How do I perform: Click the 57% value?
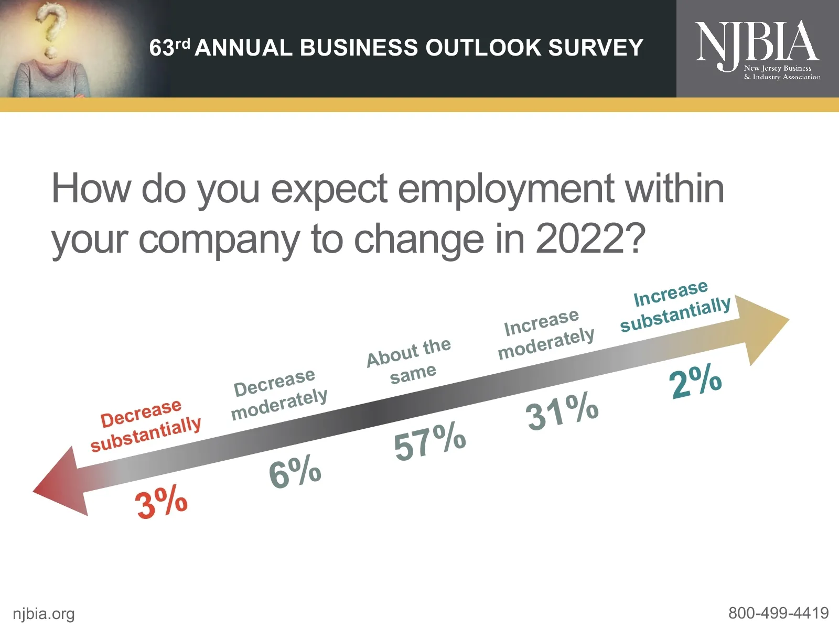pos(429,442)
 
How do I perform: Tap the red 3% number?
pos(161,502)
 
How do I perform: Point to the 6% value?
pos(295,472)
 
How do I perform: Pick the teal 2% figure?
pos(695,381)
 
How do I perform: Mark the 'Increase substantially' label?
pos(674,306)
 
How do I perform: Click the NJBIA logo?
pos(757,48)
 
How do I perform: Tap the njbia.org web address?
pos(44,613)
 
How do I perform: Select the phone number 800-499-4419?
pos(778,613)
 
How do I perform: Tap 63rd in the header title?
pos(169,47)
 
